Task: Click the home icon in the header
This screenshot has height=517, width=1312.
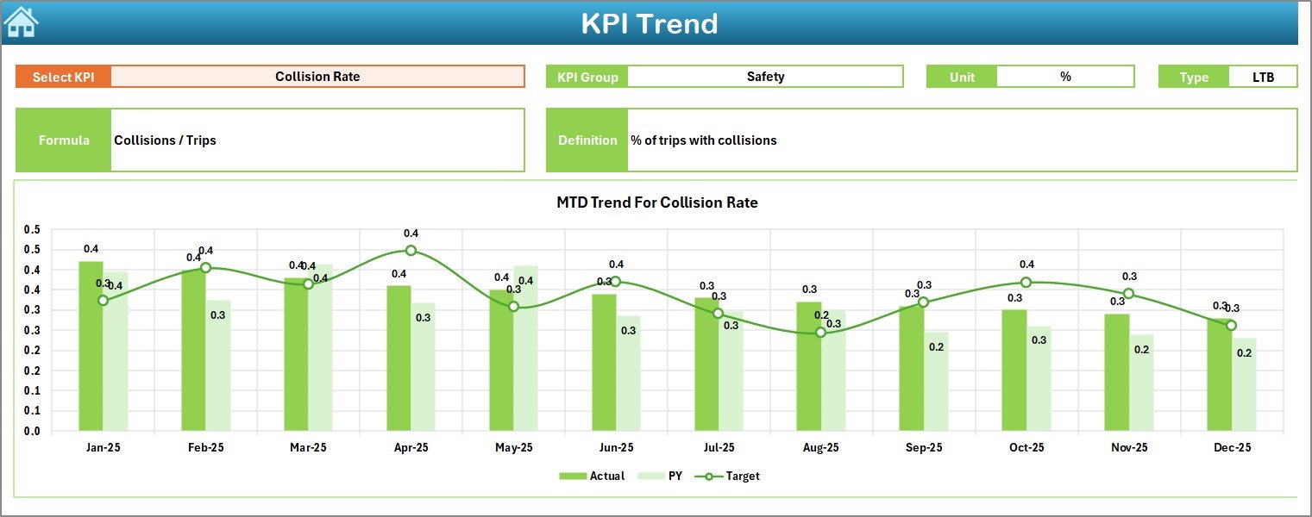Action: pyautogui.click(x=21, y=22)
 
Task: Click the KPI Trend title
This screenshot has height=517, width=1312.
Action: pyautogui.click(x=649, y=23)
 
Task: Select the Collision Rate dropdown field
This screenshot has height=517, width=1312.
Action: pyautogui.click(x=317, y=77)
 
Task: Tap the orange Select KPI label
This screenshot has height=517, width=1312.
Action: pyautogui.click(x=63, y=77)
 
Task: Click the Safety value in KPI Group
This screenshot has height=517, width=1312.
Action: pyautogui.click(x=765, y=77)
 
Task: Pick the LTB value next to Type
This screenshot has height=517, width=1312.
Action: pyautogui.click(x=1263, y=77)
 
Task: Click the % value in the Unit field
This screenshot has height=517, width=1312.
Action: pyautogui.click(x=1065, y=77)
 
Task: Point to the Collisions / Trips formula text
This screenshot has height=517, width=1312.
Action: pyautogui.click(x=165, y=140)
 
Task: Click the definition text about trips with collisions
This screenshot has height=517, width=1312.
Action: pyautogui.click(x=703, y=140)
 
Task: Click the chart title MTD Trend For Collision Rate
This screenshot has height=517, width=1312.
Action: pyautogui.click(x=656, y=203)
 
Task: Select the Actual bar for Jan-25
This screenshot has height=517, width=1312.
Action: pyautogui.click(x=91, y=345)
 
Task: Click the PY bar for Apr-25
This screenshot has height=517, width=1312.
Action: pyautogui.click(x=423, y=366)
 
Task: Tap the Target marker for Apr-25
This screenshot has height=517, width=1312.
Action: pyautogui.click(x=411, y=251)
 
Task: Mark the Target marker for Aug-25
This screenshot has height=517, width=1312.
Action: pyautogui.click(x=820, y=332)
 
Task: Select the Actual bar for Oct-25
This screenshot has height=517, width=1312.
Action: pyautogui.click(x=1014, y=371)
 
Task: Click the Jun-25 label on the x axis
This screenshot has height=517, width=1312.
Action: pyautogui.click(x=616, y=448)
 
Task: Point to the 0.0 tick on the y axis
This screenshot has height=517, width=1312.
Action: pyautogui.click(x=32, y=431)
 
